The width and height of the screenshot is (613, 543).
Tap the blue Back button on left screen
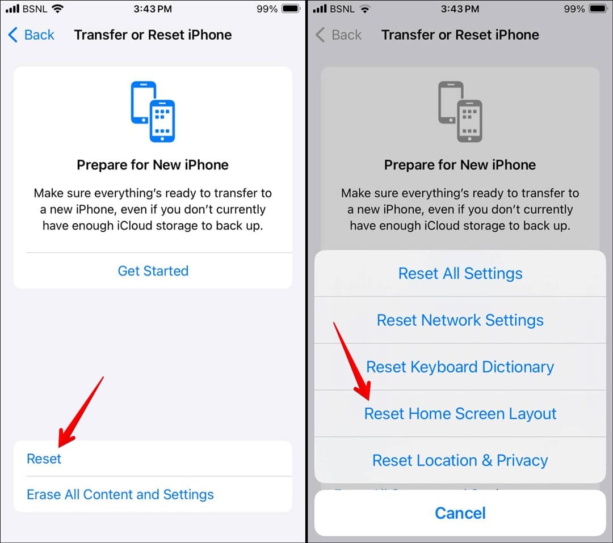pyautogui.click(x=31, y=35)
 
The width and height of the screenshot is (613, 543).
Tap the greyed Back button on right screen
pyautogui.click(x=339, y=35)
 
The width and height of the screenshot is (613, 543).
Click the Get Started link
pyautogui.click(x=153, y=271)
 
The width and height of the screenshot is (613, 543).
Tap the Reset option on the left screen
pyautogui.click(x=44, y=459)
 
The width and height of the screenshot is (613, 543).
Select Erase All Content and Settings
pyautogui.click(x=120, y=494)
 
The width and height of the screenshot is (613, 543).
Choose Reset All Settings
pyautogui.click(x=460, y=273)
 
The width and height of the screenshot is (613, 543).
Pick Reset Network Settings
pyautogui.click(x=460, y=320)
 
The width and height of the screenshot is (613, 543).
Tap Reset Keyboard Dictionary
pyautogui.click(x=460, y=367)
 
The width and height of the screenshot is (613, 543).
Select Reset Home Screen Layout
pyautogui.click(x=460, y=414)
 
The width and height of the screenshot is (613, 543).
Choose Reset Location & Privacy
pyautogui.click(x=460, y=460)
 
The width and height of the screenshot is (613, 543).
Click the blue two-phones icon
pyautogui.click(x=153, y=112)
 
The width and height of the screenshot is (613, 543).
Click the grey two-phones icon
pyautogui.click(x=460, y=112)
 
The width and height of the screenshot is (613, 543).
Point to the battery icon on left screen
pyautogui.click(x=291, y=9)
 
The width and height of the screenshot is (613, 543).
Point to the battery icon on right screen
pyautogui.click(x=598, y=9)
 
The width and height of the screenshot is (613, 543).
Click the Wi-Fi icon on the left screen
pyautogui.click(x=57, y=9)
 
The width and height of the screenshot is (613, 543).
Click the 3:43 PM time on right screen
pyautogui.click(x=460, y=9)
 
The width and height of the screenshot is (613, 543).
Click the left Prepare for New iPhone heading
pyautogui.click(x=153, y=165)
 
